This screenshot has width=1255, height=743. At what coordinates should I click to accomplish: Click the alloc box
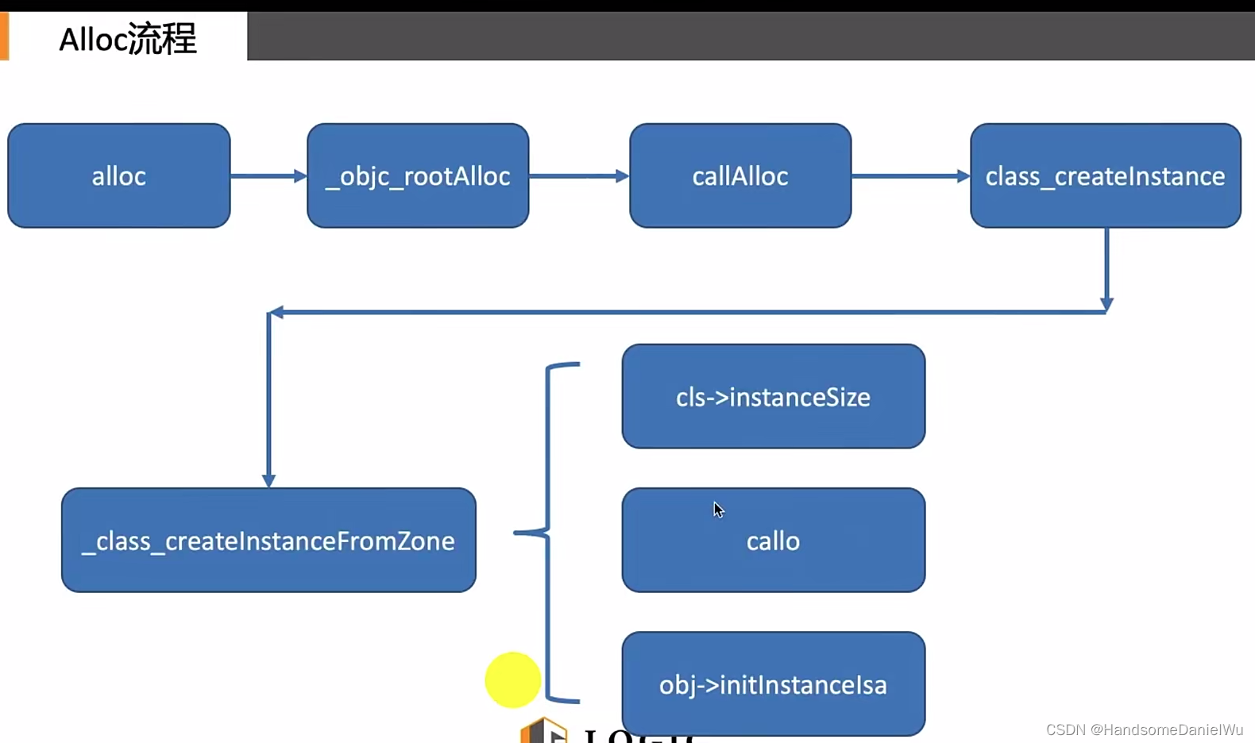pos(119,175)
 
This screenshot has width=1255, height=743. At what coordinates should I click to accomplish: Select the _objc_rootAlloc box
pos(418,175)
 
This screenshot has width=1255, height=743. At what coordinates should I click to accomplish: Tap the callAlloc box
pos(740,175)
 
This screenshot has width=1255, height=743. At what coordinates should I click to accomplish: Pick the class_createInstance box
pos(1105,175)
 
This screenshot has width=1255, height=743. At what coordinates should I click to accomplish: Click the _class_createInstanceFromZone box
pos(268,540)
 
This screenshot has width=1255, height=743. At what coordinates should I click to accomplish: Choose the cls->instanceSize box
pos(773,396)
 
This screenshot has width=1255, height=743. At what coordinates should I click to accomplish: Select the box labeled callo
pos(773,541)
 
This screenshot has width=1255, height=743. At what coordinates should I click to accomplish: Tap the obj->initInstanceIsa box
pos(773,683)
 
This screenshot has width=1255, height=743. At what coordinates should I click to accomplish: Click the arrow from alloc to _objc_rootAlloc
pos(268,175)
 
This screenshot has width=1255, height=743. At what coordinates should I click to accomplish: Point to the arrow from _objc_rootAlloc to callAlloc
pos(578,175)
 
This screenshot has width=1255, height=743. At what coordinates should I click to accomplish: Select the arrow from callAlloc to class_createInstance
pos(910,175)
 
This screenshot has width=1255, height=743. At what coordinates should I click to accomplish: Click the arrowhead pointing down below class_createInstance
pos(1106,304)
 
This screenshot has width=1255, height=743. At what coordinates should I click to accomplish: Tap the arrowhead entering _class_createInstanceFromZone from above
pos(268,479)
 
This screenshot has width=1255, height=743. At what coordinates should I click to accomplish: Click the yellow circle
pos(513,680)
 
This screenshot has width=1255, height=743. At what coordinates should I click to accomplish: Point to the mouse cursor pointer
pos(718,510)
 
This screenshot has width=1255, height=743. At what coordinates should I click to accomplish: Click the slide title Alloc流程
pos(128,39)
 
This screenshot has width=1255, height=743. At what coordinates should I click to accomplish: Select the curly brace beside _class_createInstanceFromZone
pos(548,533)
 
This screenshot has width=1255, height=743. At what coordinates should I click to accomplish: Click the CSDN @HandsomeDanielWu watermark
pos(1144,730)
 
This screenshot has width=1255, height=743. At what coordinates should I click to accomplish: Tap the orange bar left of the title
pos(4,37)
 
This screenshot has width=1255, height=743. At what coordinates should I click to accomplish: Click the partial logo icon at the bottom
pos(544,731)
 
